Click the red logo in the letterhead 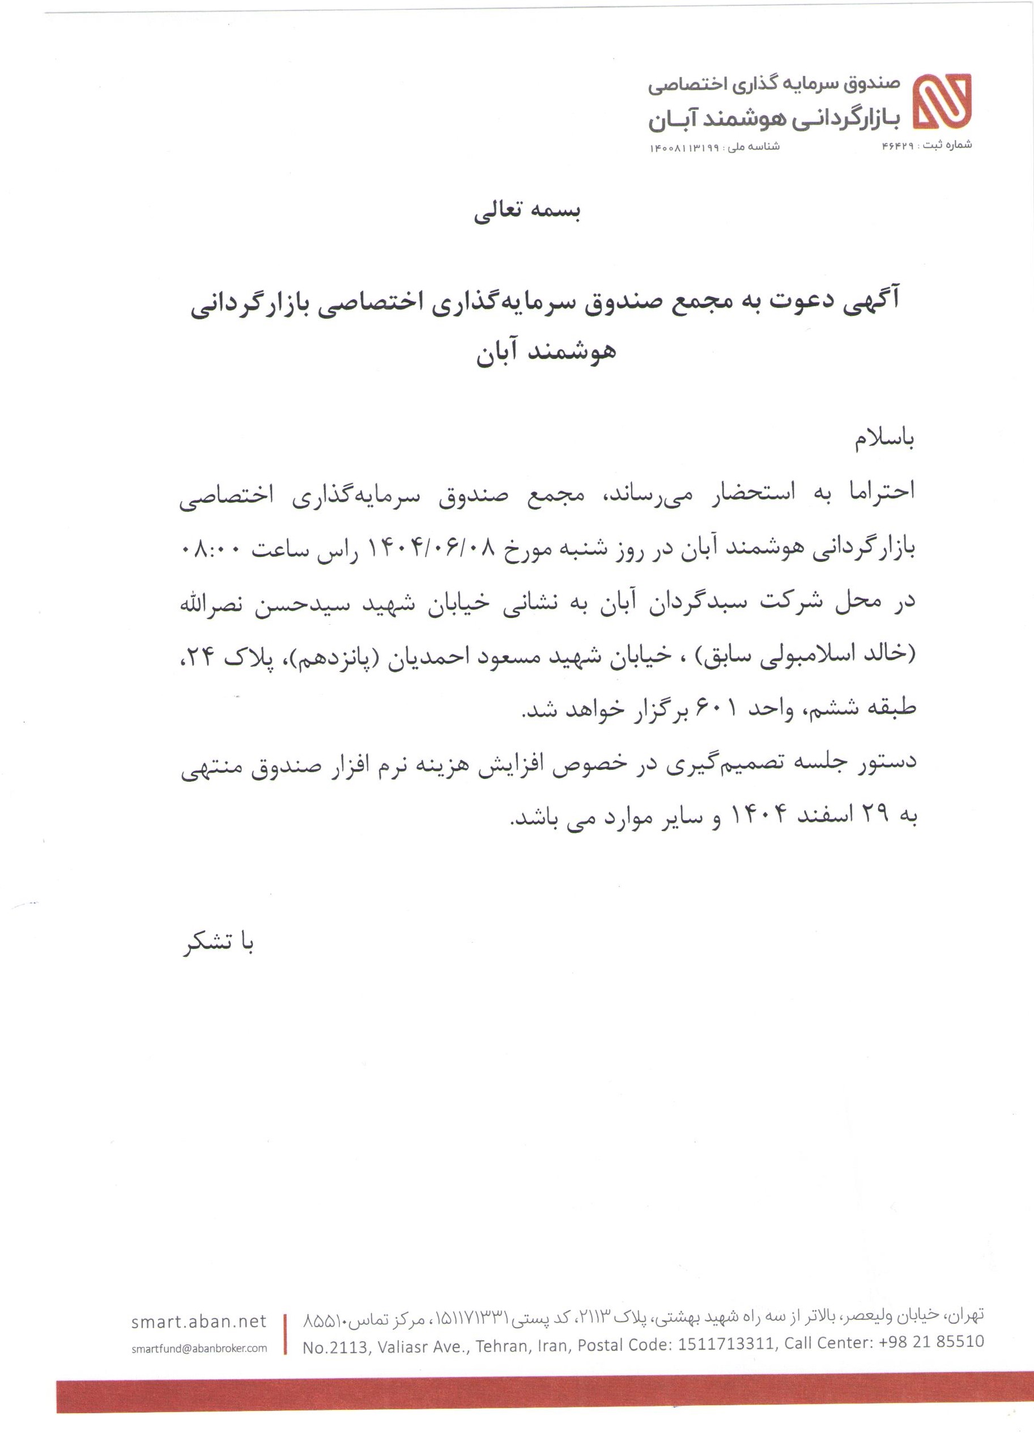(942, 101)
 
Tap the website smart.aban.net (199, 1321)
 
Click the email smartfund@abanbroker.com (199, 1348)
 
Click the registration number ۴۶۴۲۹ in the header (897, 146)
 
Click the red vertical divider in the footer (285, 1334)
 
